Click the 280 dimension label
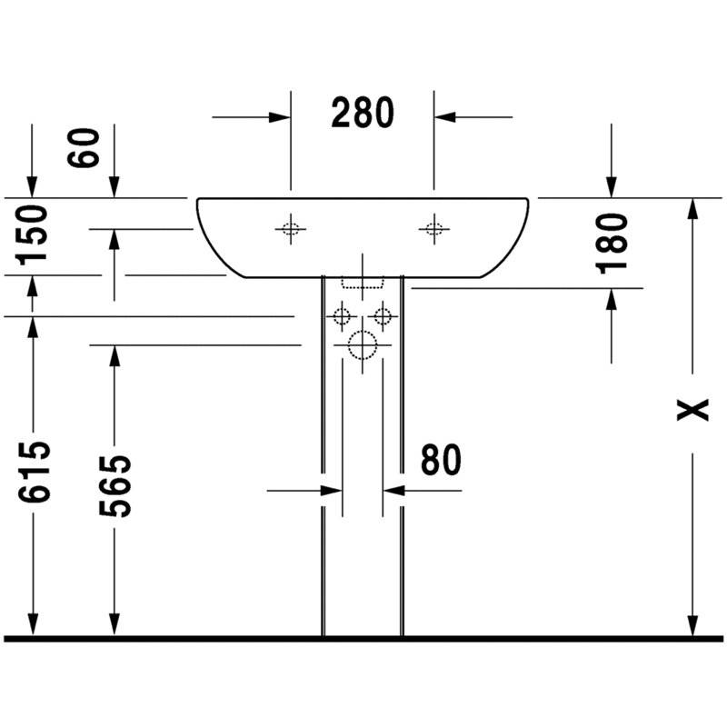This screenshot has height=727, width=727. (363, 113)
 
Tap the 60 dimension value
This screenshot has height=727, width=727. (84, 147)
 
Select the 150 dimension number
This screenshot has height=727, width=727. (33, 235)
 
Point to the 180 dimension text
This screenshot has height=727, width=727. (611, 243)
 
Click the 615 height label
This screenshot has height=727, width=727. (34, 472)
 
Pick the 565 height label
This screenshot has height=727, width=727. (115, 486)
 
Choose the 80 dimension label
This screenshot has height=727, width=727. (441, 460)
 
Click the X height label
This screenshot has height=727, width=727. (692, 410)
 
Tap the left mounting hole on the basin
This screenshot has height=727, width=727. (291, 229)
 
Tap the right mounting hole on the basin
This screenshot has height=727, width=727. (434, 229)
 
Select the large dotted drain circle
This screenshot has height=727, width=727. (363, 345)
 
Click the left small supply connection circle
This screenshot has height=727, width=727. (343, 316)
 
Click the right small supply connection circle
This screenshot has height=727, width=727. (383, 316)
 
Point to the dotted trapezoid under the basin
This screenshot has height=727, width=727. (363, 284)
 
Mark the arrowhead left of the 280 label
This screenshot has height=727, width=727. (279, 117)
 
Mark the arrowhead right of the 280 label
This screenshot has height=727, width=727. (445, 117)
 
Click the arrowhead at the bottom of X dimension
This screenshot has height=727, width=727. (692, 626)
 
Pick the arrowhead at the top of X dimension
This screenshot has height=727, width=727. (692, 209)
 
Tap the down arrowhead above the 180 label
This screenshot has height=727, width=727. (612, 187)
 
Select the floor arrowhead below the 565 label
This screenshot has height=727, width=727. (115, 625)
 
